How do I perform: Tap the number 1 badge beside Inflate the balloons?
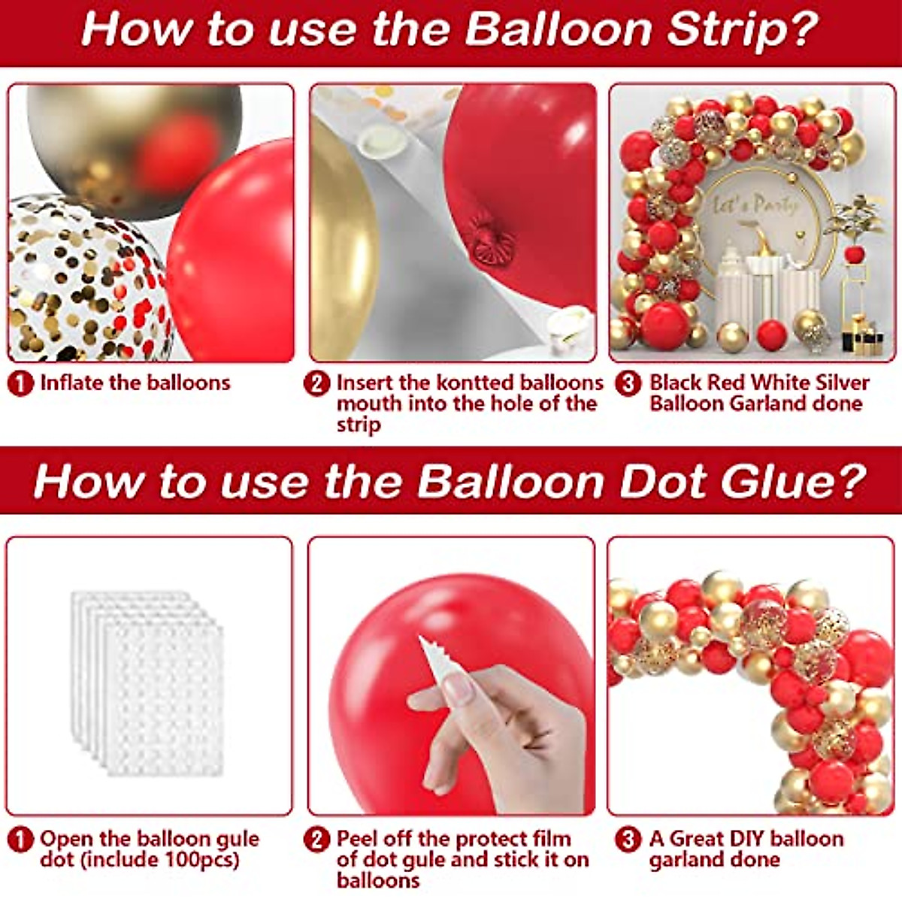(20, 383)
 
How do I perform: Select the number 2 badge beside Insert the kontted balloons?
(317, 383)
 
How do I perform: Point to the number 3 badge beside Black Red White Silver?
(628, 383)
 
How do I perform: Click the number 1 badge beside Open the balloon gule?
(20, 840)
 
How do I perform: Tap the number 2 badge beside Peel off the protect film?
(317, 840)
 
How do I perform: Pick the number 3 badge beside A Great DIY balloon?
(628, 840)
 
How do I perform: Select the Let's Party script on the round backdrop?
(754, 204)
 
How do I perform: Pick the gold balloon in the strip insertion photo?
(342, 248)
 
